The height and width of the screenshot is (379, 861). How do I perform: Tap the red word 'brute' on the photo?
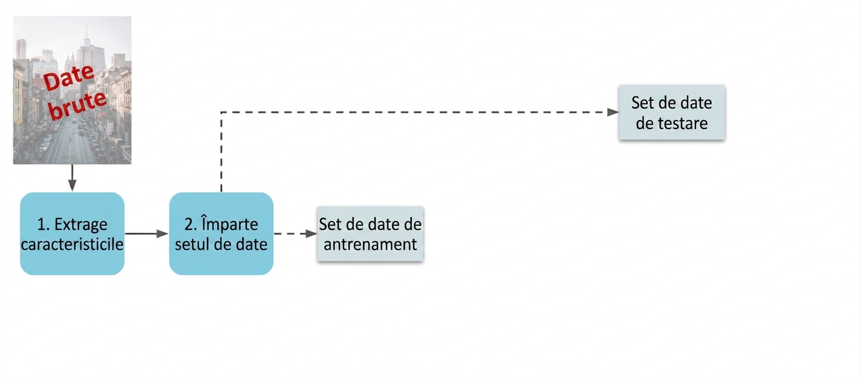(78, 105)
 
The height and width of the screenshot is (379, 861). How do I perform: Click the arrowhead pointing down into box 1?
(72, 185)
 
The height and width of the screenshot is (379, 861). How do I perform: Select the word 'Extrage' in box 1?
(81, 224)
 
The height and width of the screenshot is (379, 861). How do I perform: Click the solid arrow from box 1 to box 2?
(147, 234)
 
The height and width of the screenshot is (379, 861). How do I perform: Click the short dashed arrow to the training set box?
(295, 234)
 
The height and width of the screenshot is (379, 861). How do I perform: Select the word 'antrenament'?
(370, 245)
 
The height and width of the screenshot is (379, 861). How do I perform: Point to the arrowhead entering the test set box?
(613, 112)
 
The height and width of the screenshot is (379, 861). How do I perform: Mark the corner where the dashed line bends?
(221, 112)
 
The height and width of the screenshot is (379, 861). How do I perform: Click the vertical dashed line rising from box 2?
(221, 152)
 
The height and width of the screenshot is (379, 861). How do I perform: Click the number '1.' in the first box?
(44, 224)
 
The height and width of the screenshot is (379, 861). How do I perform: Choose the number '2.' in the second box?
(191, 224)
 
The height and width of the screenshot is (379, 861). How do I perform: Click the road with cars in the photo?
(73, 142)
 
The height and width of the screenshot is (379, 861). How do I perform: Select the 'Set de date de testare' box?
(672, 112)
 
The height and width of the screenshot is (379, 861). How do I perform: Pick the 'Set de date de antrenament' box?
(370, 234)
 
